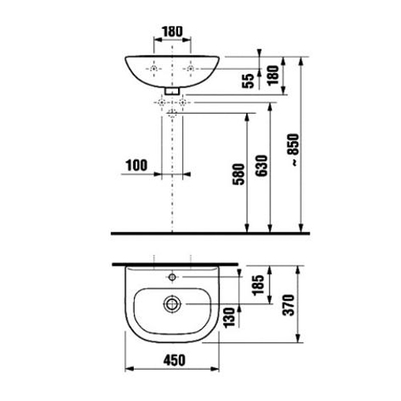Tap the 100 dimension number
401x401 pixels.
pyautogui.click(x=136, y=166)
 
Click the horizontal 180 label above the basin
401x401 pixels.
pyautogui.click(x=172, y=32)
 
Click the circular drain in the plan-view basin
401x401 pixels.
pyautogui.click(x=172, y=304)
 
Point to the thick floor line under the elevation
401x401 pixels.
pyautogui.click(x=200, y=233)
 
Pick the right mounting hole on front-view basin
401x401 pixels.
pyautogui.click(x=190, y=71)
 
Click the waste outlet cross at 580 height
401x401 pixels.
pyautogui.click(x=172, y=114)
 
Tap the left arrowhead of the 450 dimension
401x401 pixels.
pyautogui.click(x=130, y=370)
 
